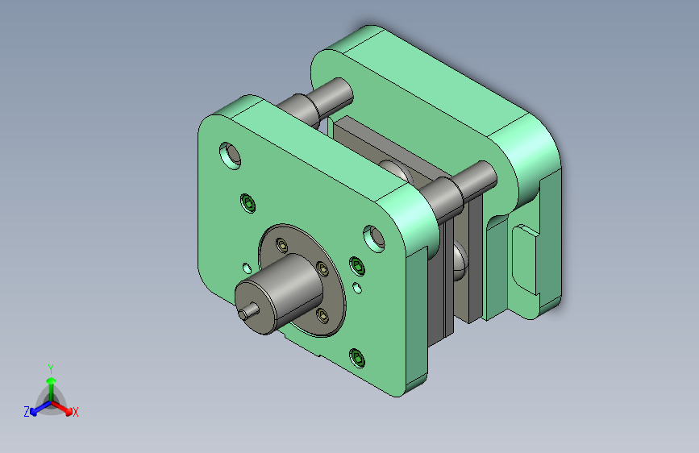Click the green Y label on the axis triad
click(x=51, y=369)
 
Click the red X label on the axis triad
click(x=75, y=413)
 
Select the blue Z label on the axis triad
click(x=27, y=412)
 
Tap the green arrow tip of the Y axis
click(x=52, y=380)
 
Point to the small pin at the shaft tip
click(x=248, y=311)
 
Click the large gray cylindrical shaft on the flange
click(x=280, y=293)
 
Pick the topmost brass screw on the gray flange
click(x=281, y=244)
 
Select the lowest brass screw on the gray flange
click(x=322, y=315)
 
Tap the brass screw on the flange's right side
click(x=322, y=268)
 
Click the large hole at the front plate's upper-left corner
click(x=231, y=156)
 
